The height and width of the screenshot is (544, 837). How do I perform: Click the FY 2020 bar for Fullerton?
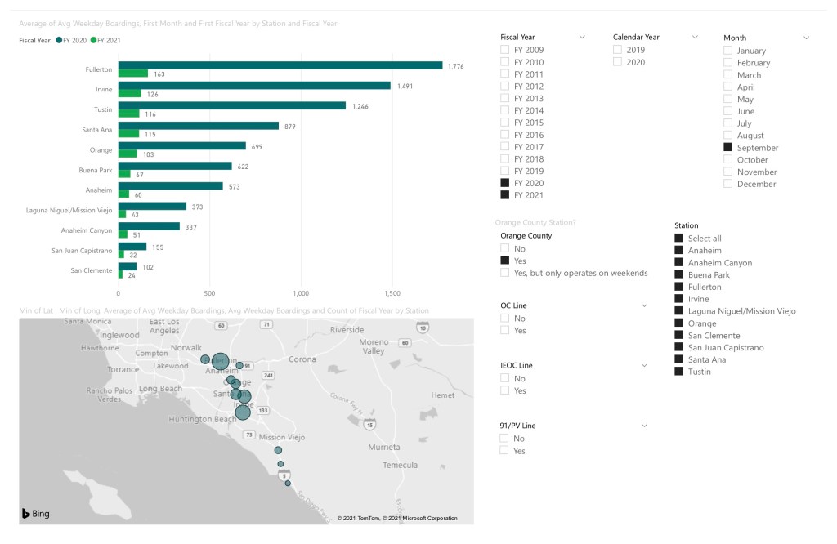pyautogui.click(x=280, y=65)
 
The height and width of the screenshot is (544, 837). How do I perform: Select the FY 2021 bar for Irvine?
pyautogui.click(x=129, y=94)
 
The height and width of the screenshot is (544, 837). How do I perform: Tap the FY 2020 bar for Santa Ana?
pyautogui.click(x=198, y=126)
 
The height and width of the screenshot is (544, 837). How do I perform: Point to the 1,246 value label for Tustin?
pyautogui.click(x=360, y=106)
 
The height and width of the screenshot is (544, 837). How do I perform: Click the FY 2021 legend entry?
pyautogui.click(x=105, y=40)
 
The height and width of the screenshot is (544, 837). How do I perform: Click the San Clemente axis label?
pyautogui.click(x=92, y=270)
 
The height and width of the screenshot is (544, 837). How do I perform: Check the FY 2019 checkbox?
pyautogui.click(x=505, y=171)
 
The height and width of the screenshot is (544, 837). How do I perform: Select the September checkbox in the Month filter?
pyautogui.click(x=728, y=148)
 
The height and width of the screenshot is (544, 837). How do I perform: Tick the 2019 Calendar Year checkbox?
pyautogui.click(x=618, y=50)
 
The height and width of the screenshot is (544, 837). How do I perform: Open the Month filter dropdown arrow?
pyautogui.click(x=806, y=38)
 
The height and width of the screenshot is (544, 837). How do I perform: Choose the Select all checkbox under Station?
pyautogui.click(x=679, y=239)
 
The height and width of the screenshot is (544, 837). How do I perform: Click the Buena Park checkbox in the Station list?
pyautogui.click(x=679, y=274)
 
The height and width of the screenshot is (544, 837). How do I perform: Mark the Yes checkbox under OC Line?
pyautogui.click(x=505, y=330)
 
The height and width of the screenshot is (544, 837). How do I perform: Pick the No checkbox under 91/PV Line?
pyautogui.click(x=505, y=439)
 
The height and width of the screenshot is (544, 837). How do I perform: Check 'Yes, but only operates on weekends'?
pyautogui.click(x=505, y=273)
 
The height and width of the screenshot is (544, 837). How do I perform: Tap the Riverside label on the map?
pyautogui.click(x=347, y=330)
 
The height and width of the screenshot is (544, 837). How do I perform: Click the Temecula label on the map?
pyautogui.click(x=401, y=465)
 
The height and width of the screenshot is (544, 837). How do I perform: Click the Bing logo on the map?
pyautogui.click(x=35, y=514)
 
